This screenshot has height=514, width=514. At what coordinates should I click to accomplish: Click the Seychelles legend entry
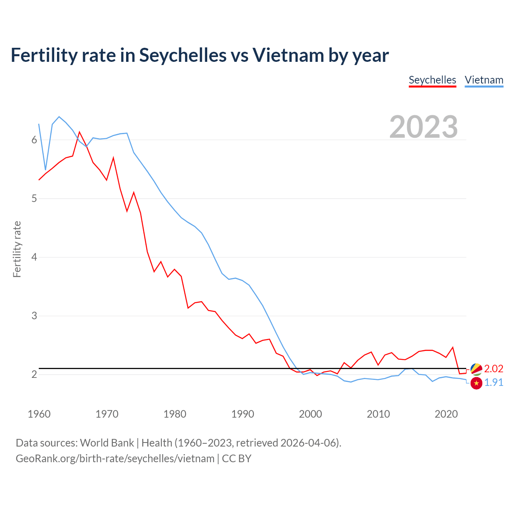432,80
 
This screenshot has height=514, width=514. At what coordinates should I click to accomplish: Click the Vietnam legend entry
484,80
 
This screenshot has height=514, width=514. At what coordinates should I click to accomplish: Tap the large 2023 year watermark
424,127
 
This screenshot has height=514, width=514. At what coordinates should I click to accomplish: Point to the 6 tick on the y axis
34,140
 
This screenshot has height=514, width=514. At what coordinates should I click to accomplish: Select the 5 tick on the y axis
34,198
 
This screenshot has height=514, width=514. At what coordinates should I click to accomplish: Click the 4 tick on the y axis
34,257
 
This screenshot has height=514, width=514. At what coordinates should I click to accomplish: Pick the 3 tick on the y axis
34,316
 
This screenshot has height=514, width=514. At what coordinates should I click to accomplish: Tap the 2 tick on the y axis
34,374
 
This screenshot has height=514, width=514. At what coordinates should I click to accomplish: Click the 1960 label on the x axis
39,414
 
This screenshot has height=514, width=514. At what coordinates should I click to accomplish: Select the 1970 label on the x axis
107,414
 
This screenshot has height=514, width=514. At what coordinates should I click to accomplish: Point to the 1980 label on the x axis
175,414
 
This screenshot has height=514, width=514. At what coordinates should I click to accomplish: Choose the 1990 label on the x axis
243,414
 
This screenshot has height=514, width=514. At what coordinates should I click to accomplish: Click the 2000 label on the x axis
310,414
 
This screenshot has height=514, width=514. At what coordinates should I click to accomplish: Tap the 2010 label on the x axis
378,414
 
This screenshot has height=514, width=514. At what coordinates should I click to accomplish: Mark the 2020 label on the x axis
446,414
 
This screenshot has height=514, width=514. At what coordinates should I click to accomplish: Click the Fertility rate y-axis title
17,249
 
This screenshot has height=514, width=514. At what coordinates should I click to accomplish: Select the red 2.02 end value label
494,369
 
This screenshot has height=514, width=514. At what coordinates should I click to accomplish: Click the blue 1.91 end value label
494,383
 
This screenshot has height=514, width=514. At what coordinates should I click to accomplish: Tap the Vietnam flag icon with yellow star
476,383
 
